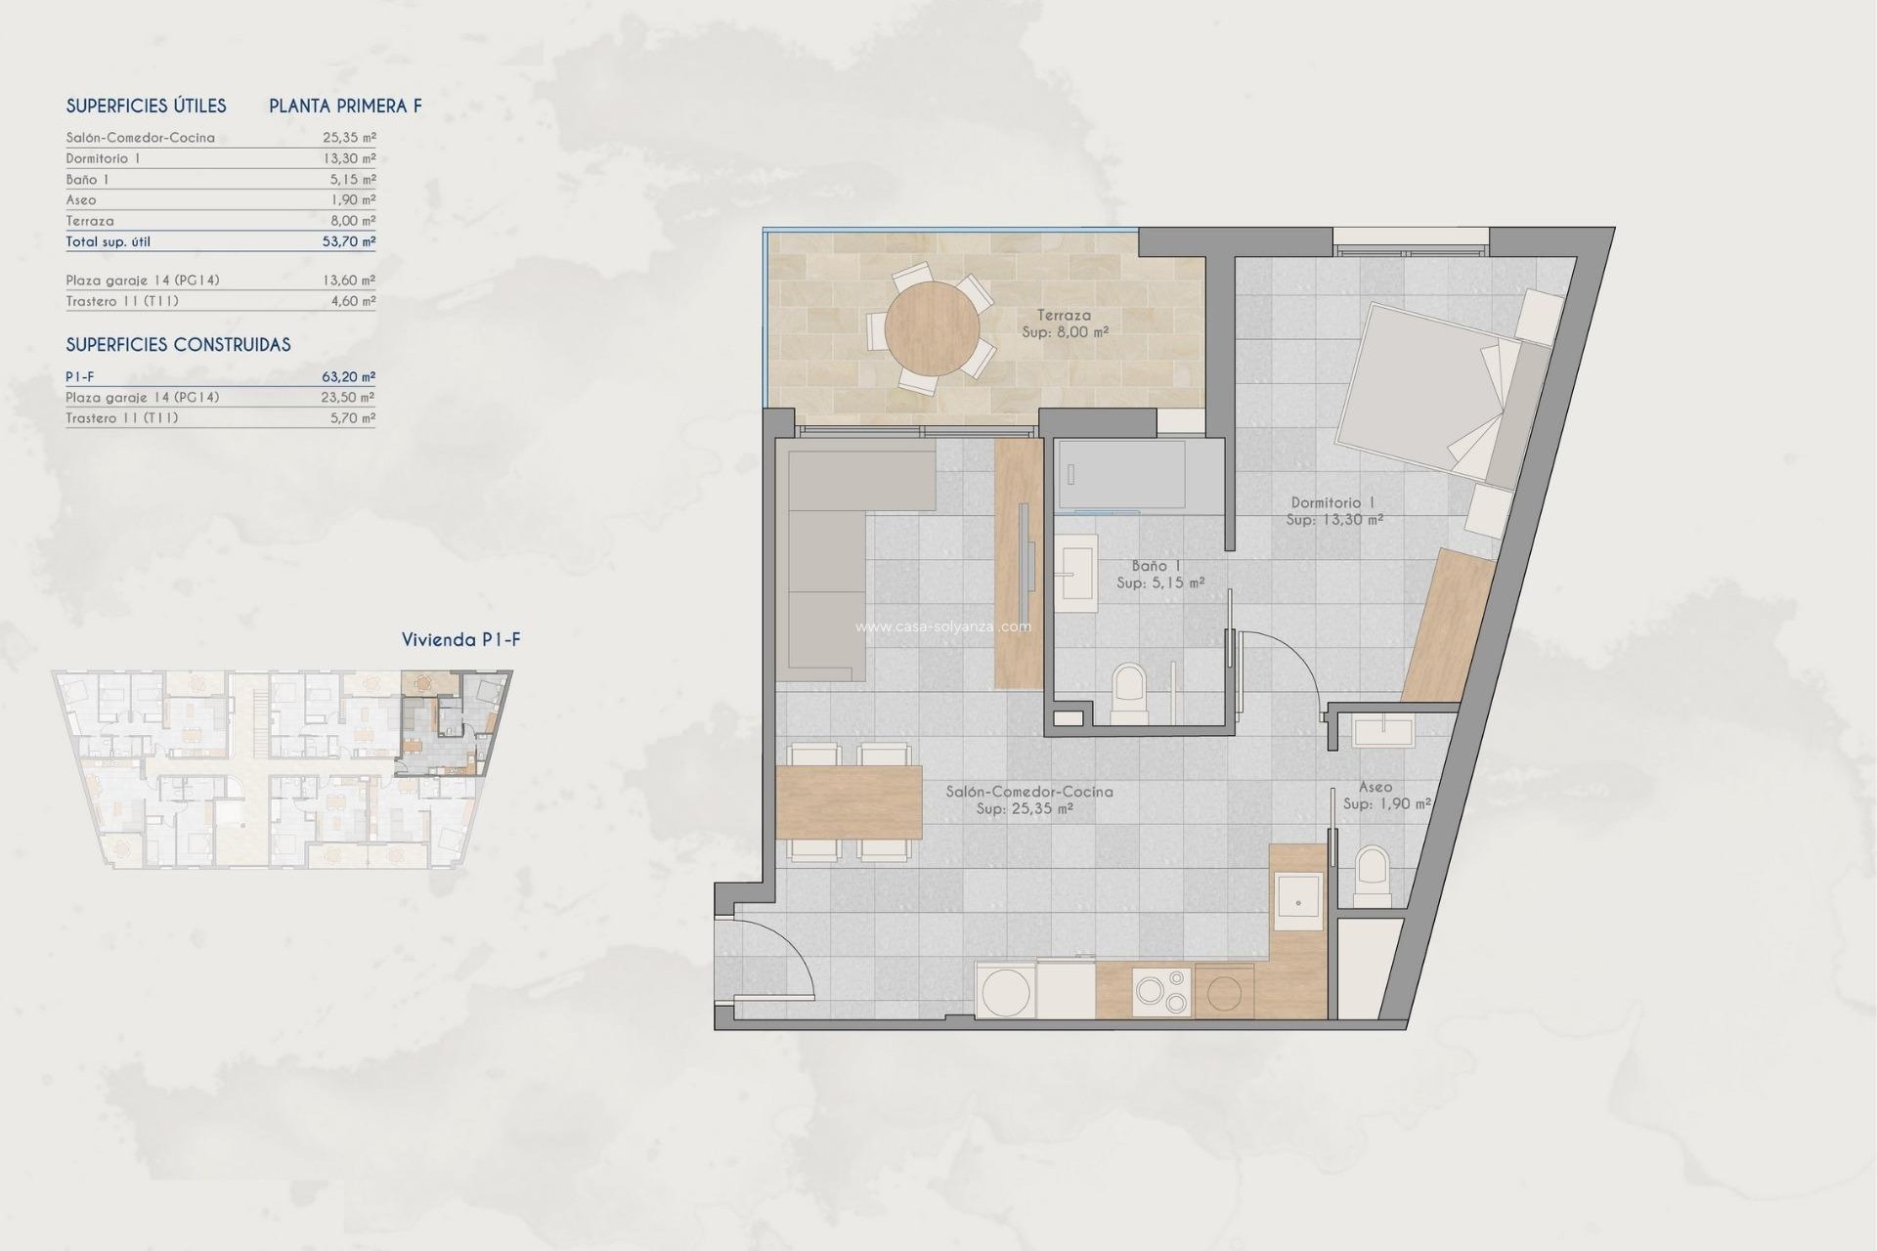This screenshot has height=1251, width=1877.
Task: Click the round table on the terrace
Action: coord(932,328)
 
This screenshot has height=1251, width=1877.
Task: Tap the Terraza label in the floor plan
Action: coord(1065,316)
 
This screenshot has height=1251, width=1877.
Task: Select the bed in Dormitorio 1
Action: coord(1427,391)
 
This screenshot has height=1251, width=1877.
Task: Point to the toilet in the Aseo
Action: coord(1373,875)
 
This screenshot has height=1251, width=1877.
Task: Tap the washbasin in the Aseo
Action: coord(1383,731)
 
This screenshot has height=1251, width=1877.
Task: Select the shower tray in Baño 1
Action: coord(1121,475)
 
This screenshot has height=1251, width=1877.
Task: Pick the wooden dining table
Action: coord(849,802)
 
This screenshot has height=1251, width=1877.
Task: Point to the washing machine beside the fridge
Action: coord(1005,991)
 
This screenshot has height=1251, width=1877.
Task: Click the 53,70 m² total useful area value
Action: coord(349,241)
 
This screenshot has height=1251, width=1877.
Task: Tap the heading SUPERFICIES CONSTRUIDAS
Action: coord(178,345)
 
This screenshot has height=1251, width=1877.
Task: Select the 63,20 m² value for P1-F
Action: coord(349,376)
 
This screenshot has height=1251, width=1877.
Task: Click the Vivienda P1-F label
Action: coord(460,640)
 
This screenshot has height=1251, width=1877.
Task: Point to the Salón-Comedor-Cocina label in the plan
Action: coord(1028,792)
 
